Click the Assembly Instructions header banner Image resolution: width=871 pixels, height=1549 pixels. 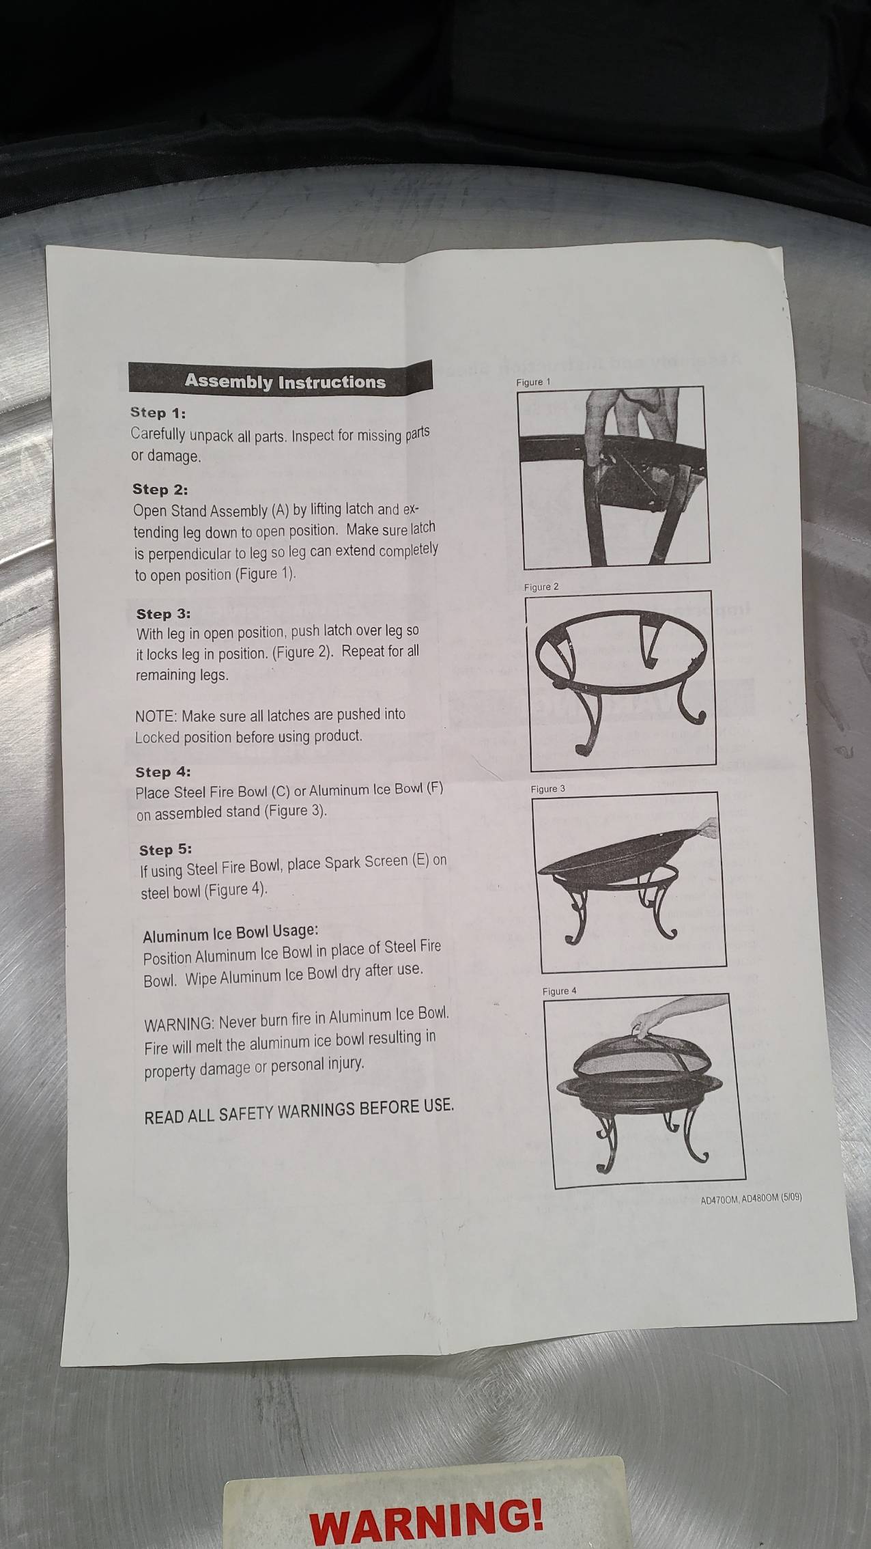tap(281, 379)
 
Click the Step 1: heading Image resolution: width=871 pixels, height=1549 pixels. tap(158, 413)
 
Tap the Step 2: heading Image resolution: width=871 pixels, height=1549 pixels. tap(160, 489)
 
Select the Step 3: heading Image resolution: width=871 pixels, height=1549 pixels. tap(163, 613)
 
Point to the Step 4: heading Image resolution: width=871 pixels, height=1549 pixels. tap(162, 772)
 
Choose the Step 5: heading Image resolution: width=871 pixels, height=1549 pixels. tap(165, 850)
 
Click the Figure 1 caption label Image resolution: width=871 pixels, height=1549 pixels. tap(533, 382)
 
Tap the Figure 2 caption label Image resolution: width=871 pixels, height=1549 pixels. tap(541, 587)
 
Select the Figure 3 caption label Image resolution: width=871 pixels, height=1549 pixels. tap(548, 788)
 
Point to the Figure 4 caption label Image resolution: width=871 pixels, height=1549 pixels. tap(560, 991)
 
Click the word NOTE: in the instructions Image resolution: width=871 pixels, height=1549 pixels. tap(156, 717)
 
